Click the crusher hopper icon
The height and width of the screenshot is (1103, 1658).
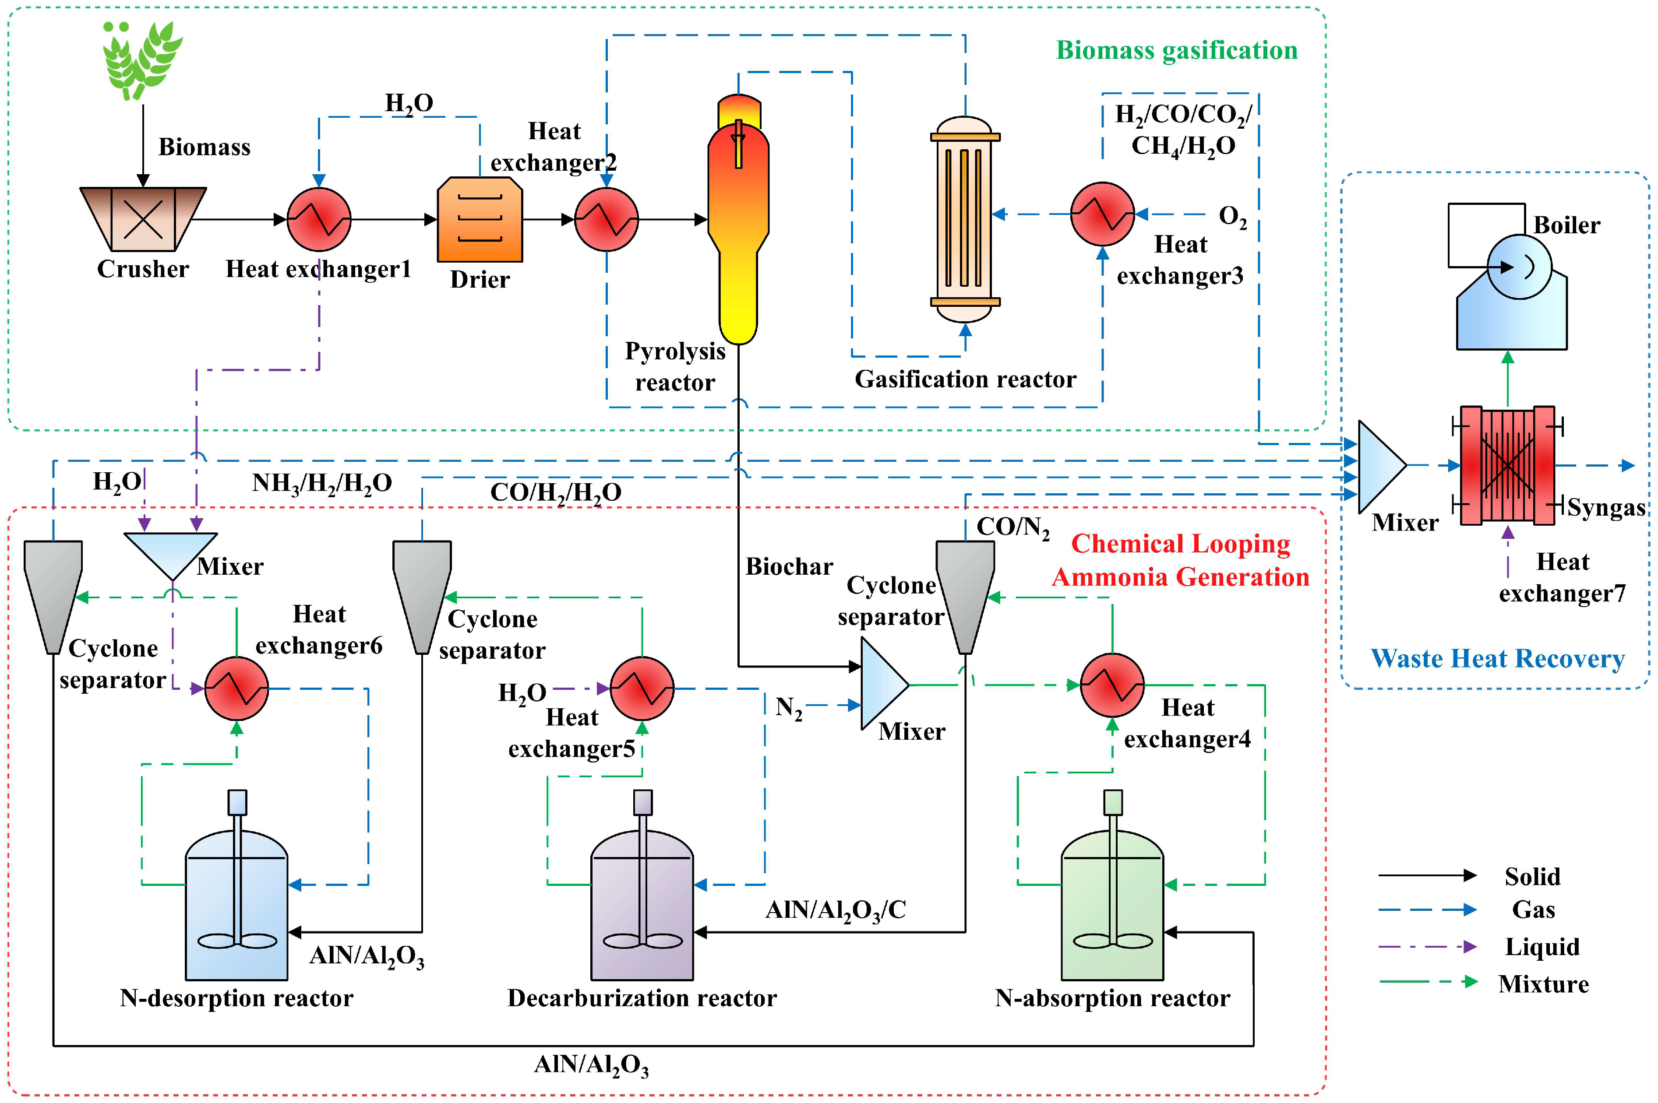[143, 219]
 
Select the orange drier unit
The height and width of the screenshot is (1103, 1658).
[480, 219]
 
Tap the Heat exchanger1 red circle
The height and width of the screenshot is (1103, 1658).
[319, 219]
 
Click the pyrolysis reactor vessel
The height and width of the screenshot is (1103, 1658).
[738, 225]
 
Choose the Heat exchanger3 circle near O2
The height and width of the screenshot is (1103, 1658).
[1102, 214]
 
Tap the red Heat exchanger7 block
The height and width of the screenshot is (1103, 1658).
[1507, 465]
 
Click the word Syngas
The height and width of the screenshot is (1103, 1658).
[1606, 507]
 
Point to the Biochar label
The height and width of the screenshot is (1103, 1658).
[789, 566]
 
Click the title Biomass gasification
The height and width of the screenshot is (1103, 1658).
[1177, 51]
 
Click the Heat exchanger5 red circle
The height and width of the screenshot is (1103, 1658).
[642, 688]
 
